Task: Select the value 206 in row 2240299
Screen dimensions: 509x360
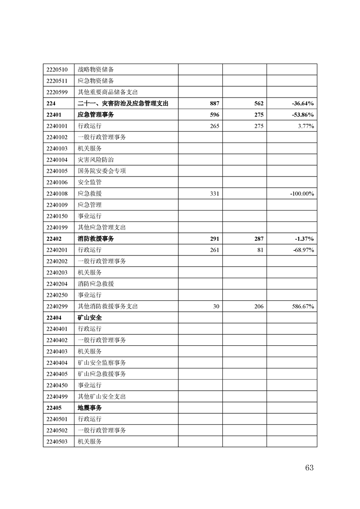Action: (x=259, y=306)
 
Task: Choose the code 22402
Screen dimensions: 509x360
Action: (x=54, y=239)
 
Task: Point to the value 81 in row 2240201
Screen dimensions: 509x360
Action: (x=260, y=250)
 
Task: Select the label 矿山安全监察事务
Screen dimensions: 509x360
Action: (x=102, y=362)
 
